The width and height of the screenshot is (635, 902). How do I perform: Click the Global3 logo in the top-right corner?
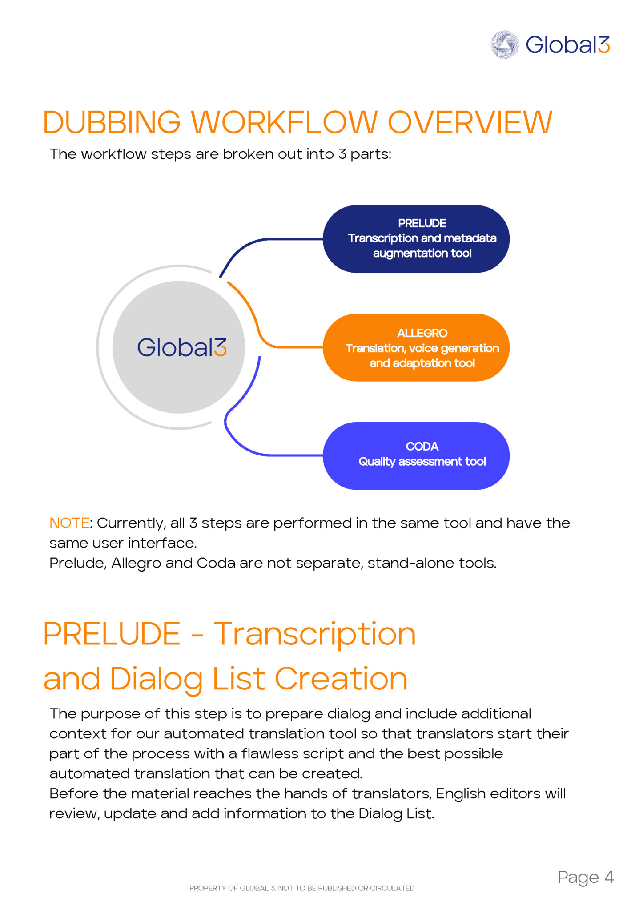tap(550, 44)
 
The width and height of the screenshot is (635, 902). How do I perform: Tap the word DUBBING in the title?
tap(112, 122)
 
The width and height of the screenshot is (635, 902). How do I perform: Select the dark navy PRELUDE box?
tap(416, 239)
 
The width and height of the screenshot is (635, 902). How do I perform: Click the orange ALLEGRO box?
tap(416, 347)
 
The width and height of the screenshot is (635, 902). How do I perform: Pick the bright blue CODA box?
tap(416, 456)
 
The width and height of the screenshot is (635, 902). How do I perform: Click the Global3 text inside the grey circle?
tap(182, 347)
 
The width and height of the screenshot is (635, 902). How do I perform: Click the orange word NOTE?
tap(69, 523)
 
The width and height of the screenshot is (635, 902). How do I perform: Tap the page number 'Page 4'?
tap(586, 878)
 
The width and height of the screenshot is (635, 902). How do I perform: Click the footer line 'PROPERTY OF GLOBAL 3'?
tap(302, 888)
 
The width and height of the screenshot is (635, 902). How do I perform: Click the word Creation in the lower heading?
tap(341, 679)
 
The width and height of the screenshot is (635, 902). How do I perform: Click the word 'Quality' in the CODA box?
tap(377, 462)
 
